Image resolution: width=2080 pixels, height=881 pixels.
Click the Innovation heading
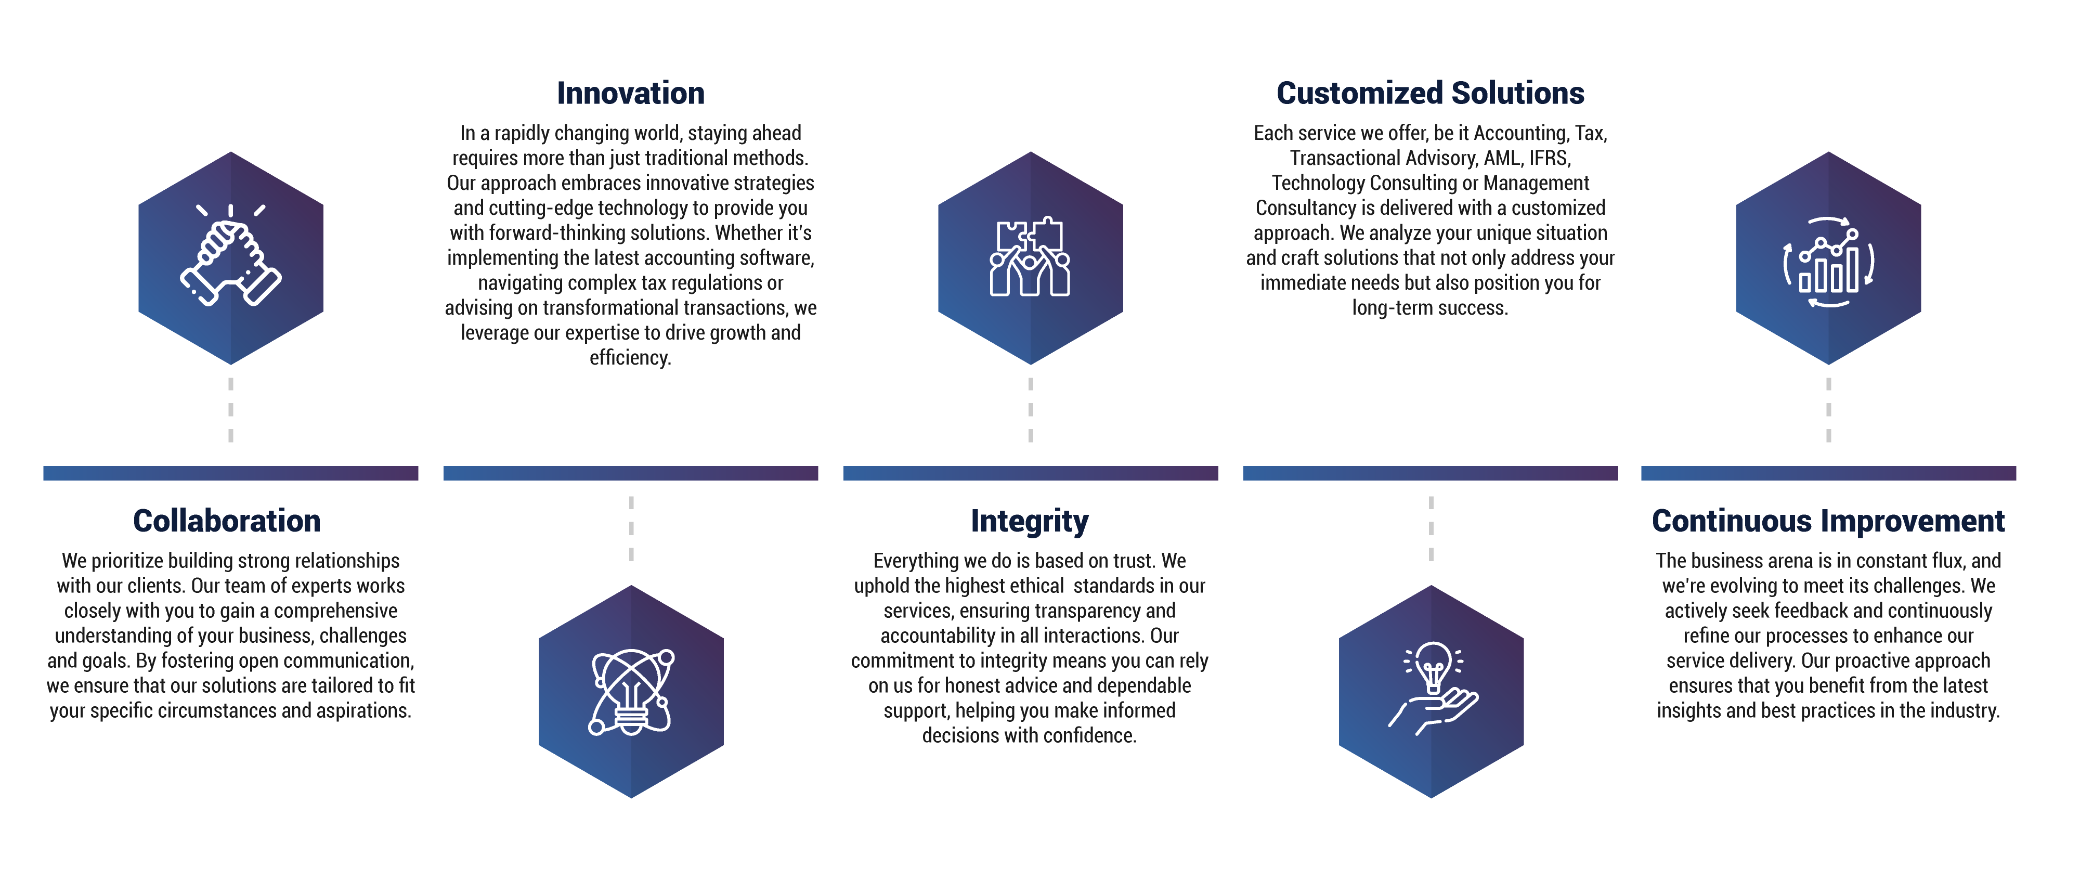pos(631,94)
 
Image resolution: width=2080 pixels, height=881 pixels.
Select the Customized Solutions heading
pos(1430,94)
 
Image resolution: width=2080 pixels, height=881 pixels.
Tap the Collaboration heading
pos(227,522)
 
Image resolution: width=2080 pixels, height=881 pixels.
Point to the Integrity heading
pos(1030,522)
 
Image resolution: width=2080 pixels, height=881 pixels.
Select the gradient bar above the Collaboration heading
pos(231,473)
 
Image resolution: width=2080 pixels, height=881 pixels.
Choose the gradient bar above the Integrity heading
pos(1030,473)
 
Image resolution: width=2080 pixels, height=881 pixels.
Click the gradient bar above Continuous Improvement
pos(1828,473)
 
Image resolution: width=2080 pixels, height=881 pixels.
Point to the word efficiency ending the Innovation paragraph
pos(630,358)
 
